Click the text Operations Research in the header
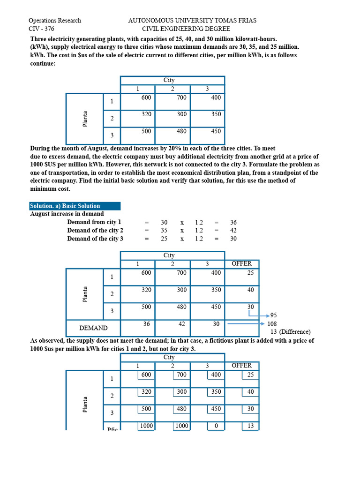click(x=54, y=21)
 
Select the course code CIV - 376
click(x=41, y=29)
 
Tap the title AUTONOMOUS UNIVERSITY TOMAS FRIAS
click(x=192, y=21)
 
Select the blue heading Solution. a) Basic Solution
click(x=65, y=206)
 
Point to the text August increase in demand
click(x=67, y=214)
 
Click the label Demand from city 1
click(x=94, y=222)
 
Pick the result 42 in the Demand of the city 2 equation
click(x=233, y=231)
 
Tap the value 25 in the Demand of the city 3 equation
click(x=164, y=239)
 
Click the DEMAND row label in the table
click(x=93, y=328)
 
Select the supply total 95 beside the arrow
click(x=274, y=315)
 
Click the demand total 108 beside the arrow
click(x=272, y=324)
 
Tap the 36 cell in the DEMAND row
click(x=147, y=324)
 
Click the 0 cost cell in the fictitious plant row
click(x=216, y=426)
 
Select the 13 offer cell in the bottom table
click(x=250, y=426)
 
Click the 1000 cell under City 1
click(x=146, y=426)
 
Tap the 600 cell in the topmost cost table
click(x=146, y=97)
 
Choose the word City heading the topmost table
click(x=169, y=80)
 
